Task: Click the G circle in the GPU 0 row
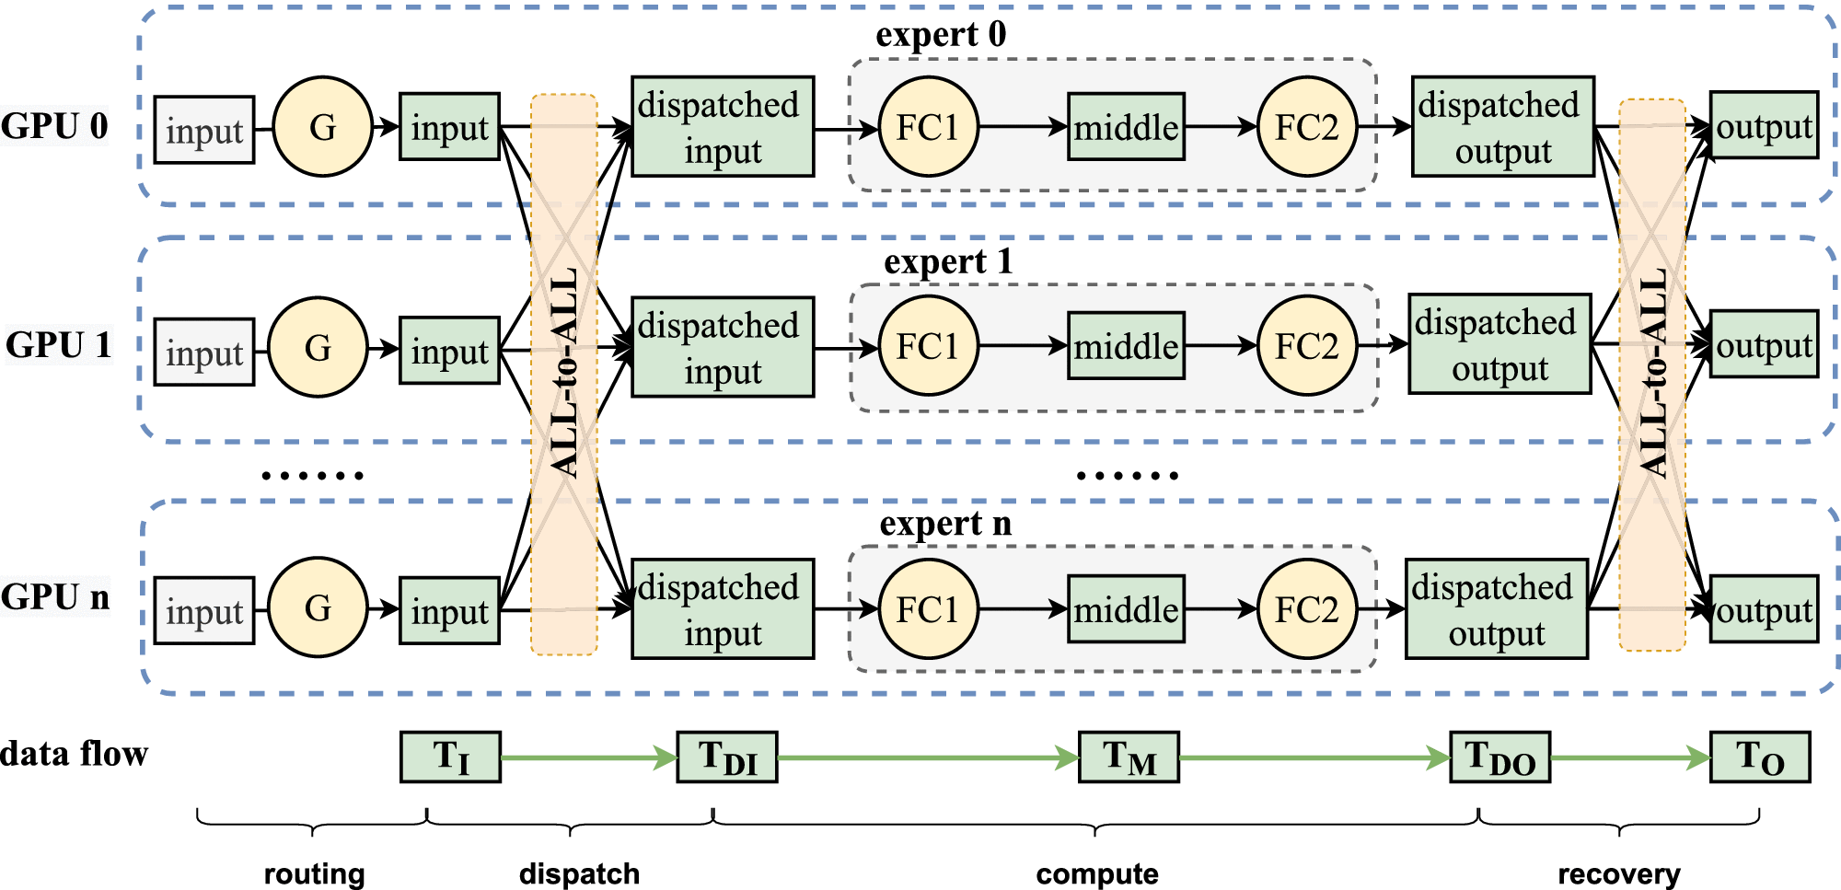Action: click(323, 126)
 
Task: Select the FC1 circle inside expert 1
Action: click(928, 346)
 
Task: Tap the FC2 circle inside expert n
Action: click(1306, 609)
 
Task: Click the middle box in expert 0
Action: click(1126, 127)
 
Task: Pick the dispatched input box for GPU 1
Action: click(723, 347)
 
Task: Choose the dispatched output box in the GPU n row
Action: click(1496, 609)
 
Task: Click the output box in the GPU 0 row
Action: click(1764, 126)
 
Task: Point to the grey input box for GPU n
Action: click(204, 610)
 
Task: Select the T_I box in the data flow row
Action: click(451, 757)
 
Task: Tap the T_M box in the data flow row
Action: click(1129, 757)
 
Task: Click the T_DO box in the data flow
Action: click(1499, 757)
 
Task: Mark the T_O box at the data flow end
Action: click(1760, 757)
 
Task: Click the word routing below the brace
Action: click(315, 873)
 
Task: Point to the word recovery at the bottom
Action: click(1618, 873)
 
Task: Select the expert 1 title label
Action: click(948, 263)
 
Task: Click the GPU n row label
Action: click(55, 597)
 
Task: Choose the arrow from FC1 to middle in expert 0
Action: click(1022, 127)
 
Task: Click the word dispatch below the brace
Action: click(579, 873)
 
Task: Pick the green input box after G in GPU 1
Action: click(450, 351)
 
